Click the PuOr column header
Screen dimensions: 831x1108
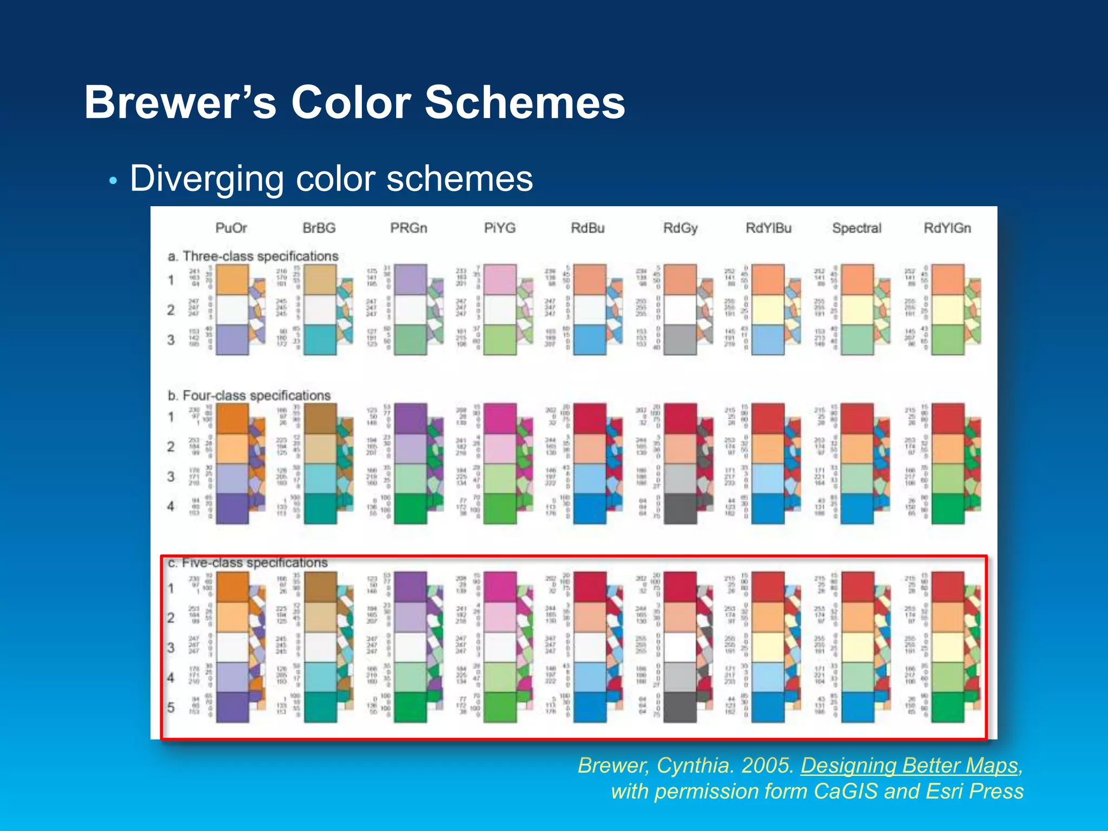tap(231, 228)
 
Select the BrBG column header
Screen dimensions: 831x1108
tap(319, 228)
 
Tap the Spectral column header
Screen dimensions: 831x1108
tap(856, 228)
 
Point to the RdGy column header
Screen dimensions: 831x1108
tap(680, 228)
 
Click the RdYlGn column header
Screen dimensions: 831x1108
tap(947, 228)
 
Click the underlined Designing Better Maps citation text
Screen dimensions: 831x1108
tap(909, 766)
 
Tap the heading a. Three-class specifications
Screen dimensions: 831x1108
tap(253, 256)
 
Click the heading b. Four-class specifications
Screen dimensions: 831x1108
tap(249, 395)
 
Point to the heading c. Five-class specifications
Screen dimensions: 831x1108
tap(248, 563)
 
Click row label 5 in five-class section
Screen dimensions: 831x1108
tap(171, 707)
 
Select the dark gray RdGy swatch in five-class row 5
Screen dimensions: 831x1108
tap(680, 707)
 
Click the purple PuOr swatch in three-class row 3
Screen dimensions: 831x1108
tap(232, 340)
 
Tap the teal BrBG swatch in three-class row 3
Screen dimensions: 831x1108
tap(320, 340)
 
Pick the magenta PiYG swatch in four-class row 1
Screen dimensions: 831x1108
tap(499, 418)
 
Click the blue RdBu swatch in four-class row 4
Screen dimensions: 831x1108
tap(589, 509)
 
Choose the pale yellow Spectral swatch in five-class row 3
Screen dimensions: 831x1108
tap(858, 647)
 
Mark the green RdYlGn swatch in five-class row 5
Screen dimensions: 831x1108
tap(948, 707)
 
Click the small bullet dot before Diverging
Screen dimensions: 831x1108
tap(113, 181)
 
